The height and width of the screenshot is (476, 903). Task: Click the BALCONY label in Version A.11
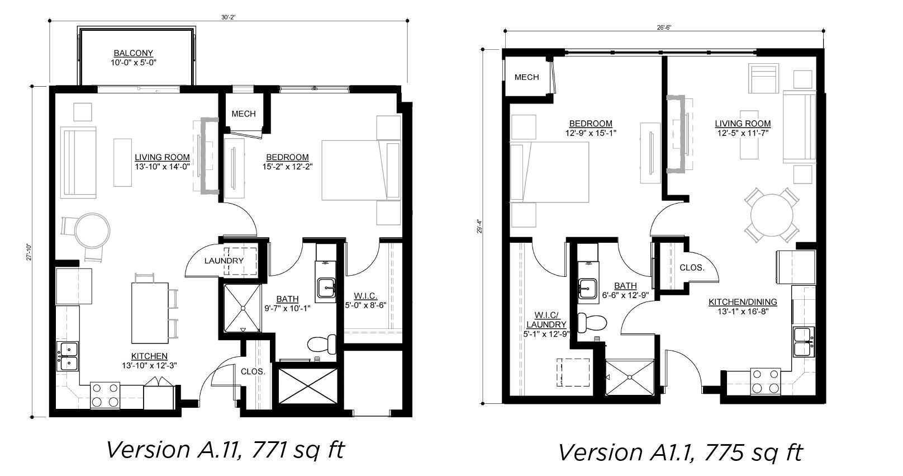tap(133, 53)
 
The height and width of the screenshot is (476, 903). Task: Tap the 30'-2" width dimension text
tap(228, 17)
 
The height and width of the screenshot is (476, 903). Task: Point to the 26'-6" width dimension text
tap(664, 27)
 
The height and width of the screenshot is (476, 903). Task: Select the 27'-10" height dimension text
tap(29, 252)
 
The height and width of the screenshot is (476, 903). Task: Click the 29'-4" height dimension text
tap(479, 227)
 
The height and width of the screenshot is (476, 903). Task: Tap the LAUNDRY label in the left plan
tap(224, 261)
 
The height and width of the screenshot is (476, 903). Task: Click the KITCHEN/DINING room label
tap(743, 301)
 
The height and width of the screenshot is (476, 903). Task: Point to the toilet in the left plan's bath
tap(322, 344)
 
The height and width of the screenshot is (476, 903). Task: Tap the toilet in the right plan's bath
tap(592, 322)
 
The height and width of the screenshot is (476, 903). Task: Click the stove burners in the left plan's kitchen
tap(105, 395)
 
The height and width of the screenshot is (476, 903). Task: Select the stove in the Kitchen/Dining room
tap(765, 381)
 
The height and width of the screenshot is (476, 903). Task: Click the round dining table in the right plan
tap(772, 215)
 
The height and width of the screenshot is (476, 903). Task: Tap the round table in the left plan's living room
tap(93, 230)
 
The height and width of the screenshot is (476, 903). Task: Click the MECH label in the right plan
tap(526, 77)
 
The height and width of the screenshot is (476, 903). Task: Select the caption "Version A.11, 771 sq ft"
tap(226, 450)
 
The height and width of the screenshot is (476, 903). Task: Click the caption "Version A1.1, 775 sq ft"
tap(681, 453)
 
